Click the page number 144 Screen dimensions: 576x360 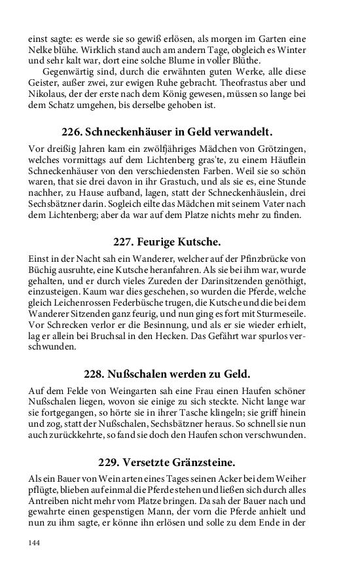35,543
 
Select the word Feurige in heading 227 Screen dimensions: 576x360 155,242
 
